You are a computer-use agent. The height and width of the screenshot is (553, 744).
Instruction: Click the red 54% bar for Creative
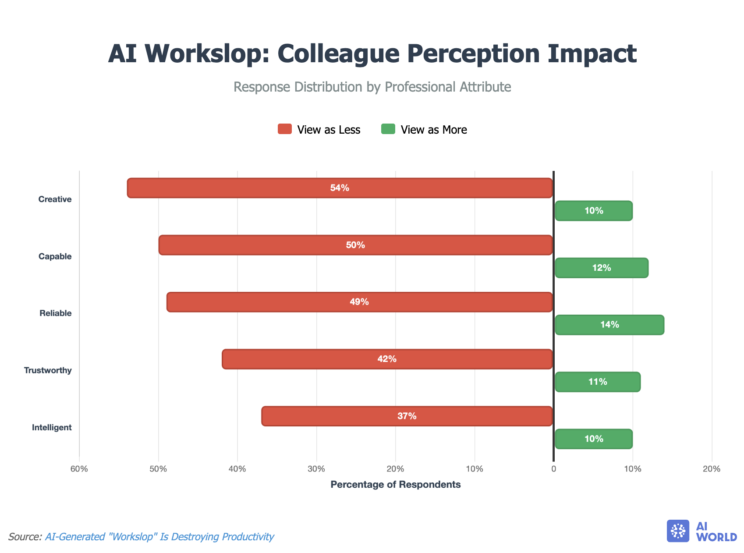[x=340, y=188]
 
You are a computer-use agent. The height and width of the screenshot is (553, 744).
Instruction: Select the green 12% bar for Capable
[x=601, y=268]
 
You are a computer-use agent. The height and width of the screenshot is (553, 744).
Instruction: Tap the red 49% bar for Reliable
[x=359, y=302]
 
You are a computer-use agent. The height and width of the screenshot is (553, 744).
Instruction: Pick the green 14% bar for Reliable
[x=609, y=325]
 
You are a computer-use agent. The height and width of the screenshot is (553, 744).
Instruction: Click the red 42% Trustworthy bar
[x=387, y=359]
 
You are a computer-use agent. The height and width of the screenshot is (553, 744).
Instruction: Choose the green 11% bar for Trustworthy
[x=597, y=382]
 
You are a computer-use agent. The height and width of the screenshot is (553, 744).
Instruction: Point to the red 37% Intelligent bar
[x=407, y=416]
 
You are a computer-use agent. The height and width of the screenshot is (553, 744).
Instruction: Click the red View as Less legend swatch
[x=285, y=129]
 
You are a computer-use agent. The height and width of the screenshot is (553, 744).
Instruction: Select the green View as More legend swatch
[x=388, y=129]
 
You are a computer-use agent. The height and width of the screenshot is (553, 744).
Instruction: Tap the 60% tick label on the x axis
[x=79, y=469]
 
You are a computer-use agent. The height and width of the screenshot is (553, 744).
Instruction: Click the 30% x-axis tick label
[x=316, y=469]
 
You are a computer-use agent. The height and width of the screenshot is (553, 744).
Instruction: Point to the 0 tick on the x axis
[x=553, y=469]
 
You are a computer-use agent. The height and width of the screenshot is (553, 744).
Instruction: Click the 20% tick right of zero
[x=712, y=469]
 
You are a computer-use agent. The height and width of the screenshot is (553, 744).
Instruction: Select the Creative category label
[x=55, y=199]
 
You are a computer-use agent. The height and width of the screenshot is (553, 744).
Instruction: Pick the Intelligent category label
[x=52, y=427]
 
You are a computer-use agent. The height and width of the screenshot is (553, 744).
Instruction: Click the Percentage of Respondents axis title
[x=395, y=485]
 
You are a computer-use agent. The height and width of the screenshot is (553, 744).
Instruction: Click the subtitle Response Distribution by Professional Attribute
[x=372, y=87]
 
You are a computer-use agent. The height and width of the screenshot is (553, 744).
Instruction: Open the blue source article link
[x=159, y=537]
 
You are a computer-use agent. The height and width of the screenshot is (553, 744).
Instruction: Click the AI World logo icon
[x=678, y=531]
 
